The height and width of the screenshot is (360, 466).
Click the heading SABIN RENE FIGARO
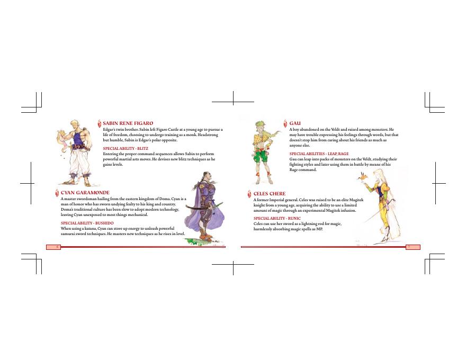pyautogui.click(x=128, y=123)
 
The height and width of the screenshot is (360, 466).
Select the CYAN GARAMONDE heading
pyautogui.click(x=85, y=193)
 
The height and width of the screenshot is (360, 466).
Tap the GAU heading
pyautogui.click(x=295, y=123)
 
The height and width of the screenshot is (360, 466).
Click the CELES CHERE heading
pyautogui.click(x=269, y=194)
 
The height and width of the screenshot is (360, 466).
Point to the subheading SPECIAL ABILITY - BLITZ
pyautogui.click(x=126, y=148)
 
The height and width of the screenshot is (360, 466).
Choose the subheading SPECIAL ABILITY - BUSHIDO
pyautogui.click(x=87, y=223)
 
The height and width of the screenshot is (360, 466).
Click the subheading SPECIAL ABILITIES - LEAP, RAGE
pyautogui.click(x=319, y=154)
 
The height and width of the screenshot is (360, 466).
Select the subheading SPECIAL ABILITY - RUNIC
pyautogui.click(x=277, y=218)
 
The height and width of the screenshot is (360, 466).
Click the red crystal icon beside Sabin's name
pyautogui.click(x=100, y=123)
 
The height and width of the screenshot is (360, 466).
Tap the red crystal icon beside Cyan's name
pyautogui.click(x=57, y=193)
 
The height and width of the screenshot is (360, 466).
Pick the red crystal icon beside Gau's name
pyautogui.click(x=285, y=123)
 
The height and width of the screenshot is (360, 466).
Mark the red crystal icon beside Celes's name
pyautogui.click(x=249, y=194)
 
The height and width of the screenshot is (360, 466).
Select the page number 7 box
pyautogui.click(x=413, y=247)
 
